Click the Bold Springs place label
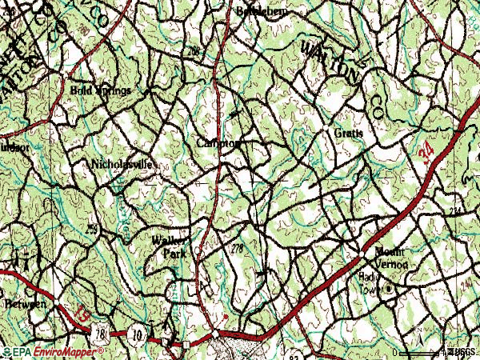100,90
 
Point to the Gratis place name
349,133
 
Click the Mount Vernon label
388,258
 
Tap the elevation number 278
236,250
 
